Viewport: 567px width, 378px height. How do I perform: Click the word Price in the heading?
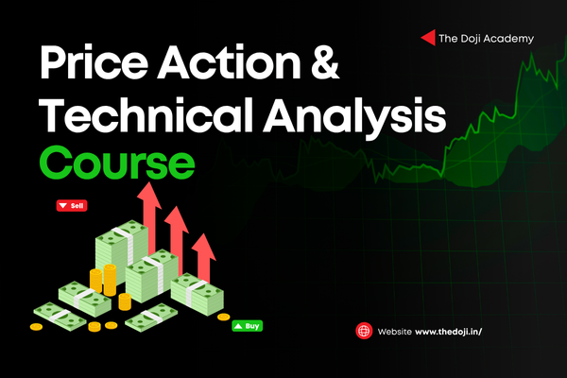pyautogui.click(x=94, y=62)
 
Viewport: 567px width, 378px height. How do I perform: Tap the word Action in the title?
pyautogui.click(x=230, y=62)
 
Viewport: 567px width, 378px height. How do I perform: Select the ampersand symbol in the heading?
pyautogui.click(x=325, y=62)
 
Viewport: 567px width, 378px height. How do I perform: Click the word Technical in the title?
pyautogui.click(x=146, y=114)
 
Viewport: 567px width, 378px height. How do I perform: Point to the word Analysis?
pyautogui.click(x=354, y=116)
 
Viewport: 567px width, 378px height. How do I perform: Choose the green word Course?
pyautogui.click(x=117, y=163)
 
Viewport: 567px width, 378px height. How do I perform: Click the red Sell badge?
pyautogui.click(x=72, y=205)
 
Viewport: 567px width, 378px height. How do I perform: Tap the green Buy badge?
pyautogui.click(x=248, y=326)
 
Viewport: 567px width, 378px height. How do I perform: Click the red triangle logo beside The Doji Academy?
pyautogui.click(x=428, y=38)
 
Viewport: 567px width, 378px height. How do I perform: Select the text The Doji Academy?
pyautogui.click(x=486, y=39)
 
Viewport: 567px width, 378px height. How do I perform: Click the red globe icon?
pyautogui.click(x=364, y=331)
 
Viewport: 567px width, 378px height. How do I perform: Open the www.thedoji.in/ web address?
pyautogui.click(x=448, y=332)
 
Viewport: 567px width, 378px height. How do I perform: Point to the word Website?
pyautogui.click(x=394, y=332)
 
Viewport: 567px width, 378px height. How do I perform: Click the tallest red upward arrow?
pyautogui.click(x=149, y=217)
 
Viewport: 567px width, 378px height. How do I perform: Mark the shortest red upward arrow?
pyautogui.click(x=203, y=258)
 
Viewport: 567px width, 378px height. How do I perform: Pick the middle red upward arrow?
pyautogui.click(x=177, y=239)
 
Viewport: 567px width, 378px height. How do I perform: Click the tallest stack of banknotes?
pyautogui.click(x=121, y=249)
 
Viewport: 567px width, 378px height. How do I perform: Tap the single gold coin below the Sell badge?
pyautogui.click(x=36, y=327)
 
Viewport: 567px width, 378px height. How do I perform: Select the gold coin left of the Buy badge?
pyautogui.click(x=223, y=318)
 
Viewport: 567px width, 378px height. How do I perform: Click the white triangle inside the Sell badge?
pyautogui.click(x=63, y=206)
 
